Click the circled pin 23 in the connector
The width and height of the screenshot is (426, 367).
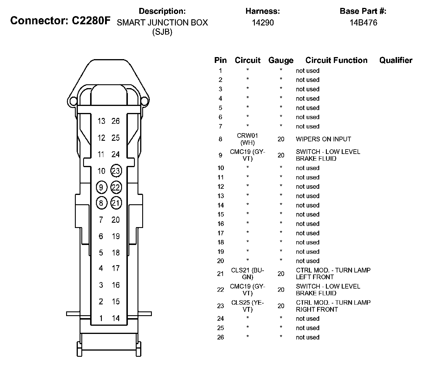[116, 171]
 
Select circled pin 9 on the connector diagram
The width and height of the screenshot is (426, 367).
[101, 187]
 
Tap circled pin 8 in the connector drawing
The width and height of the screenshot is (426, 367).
[101, 203]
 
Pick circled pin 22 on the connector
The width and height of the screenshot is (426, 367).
[116, 187]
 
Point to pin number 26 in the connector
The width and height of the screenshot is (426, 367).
[116, 121]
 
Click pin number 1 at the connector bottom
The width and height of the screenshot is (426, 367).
[101, 318]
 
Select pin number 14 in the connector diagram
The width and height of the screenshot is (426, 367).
[116, 318]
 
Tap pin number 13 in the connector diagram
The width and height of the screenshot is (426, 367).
[101, 121]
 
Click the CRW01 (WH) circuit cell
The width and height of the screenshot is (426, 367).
[248, 139]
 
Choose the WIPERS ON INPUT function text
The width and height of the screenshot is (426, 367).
[323, 139]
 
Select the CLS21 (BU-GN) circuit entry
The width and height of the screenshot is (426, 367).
[248, 274]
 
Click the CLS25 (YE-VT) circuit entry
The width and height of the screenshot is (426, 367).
[248, 306]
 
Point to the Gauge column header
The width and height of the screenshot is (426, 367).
[281, 61]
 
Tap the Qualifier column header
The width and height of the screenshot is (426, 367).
[396, 60]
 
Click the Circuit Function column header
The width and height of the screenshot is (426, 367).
[336, 60]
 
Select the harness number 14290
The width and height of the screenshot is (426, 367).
[263, 23]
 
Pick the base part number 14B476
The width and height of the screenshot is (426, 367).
[363, 23]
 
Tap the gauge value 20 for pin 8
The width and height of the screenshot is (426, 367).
[281, 139]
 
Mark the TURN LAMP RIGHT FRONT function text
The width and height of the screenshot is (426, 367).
[333, 306]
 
